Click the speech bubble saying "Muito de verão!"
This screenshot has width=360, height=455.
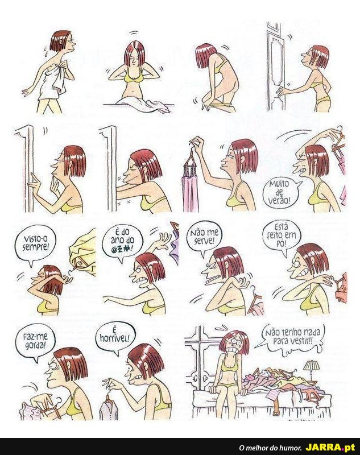(x=280, y=193)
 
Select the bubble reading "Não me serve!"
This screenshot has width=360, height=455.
(x=204, y=237)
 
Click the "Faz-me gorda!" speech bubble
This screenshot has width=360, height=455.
(x=35, y=341)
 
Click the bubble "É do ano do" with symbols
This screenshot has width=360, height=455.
(x=124, y=241)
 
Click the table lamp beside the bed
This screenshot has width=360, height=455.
(x=311, y=369)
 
